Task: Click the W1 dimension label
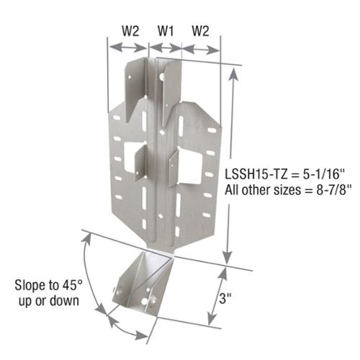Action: coord(166,31)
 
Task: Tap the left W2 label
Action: coord(130,31)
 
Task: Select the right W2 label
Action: coord(200,31)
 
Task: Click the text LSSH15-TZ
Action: coord(256,174)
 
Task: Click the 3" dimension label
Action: coord(225,299)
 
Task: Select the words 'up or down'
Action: coord(49,301)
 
